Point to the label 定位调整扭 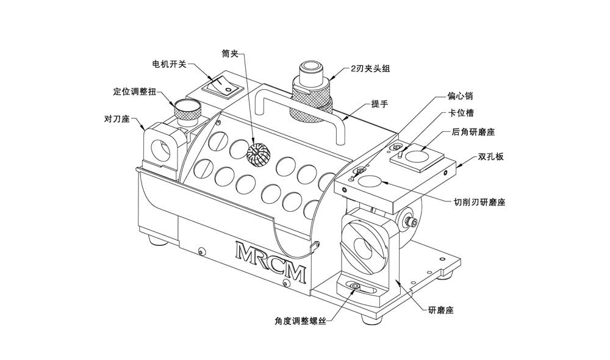135,92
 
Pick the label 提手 379,104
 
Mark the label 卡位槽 462,113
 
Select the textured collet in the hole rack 258,154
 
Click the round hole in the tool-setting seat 162,148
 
